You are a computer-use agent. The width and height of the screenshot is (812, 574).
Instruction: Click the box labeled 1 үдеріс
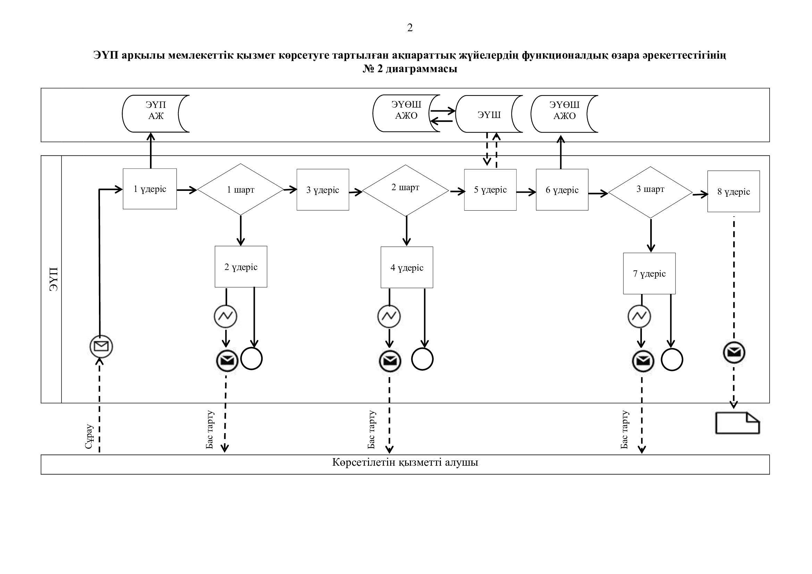(x=150, y=189)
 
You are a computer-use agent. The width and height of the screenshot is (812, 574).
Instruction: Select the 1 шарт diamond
(x=241, y=189)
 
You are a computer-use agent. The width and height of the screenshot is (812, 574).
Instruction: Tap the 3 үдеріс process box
(x=323, y=190)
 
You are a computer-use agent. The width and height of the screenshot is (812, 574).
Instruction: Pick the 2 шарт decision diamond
(x=405, y=190)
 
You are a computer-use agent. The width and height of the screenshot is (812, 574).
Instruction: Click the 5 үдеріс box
(x=490, y=190)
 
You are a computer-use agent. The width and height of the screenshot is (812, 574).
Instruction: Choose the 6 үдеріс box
(x=562, y=190)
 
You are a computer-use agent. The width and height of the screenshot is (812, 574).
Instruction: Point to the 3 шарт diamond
(x=650, y=192)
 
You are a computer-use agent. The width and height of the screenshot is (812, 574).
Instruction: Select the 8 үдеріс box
(x=734, y=192)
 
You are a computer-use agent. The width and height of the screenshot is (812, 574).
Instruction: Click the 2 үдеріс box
(x=241, y=267)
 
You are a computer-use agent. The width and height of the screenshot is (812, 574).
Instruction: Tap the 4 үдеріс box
(x=407, y=268)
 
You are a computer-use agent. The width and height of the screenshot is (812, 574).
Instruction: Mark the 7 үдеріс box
(x=649, y=273)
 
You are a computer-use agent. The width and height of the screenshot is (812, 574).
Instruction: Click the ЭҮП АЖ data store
(x=156, y=113)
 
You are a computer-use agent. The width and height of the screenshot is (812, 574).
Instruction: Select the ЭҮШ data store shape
(x=489, y=114)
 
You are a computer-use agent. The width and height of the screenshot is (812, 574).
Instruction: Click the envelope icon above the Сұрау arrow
(x=101, y=346)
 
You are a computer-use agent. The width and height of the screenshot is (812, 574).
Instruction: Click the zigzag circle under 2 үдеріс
(x=226, y=316)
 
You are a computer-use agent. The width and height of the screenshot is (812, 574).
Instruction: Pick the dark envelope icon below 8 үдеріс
(x=734, y=352)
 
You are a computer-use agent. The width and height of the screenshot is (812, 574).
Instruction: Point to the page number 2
(x=410, y=27)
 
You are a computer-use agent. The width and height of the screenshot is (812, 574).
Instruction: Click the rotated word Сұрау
(x=89, y=437)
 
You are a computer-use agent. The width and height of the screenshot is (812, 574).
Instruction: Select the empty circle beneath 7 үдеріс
(x=672, y=360)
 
